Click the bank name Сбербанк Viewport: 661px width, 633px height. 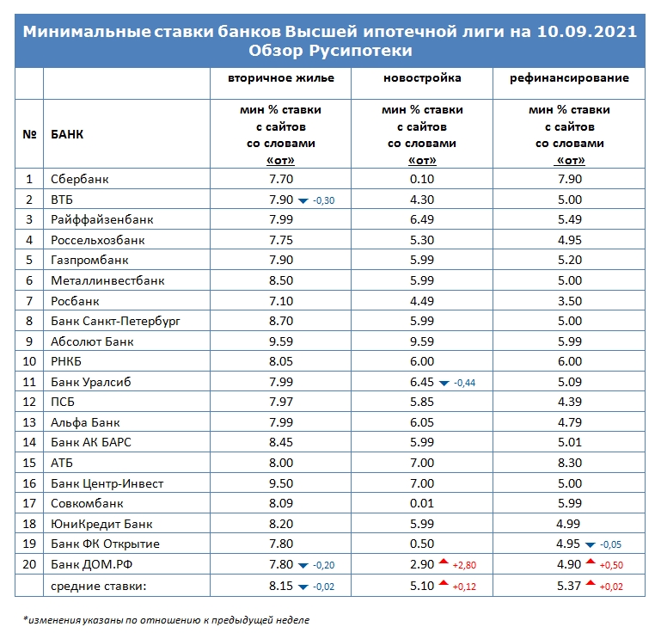point(80,179)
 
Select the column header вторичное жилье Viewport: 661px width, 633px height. point(281,78)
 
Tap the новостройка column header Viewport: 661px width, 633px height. point(422,78)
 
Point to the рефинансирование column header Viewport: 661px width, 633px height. point(569,78)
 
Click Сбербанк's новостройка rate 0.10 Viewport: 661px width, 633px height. point(422,179)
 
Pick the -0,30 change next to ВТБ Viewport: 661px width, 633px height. point(324,200)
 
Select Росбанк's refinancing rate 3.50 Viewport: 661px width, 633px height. point(570,301)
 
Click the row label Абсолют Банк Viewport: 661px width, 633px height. point(92,341)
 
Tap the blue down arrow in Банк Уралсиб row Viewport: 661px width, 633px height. point(444,384)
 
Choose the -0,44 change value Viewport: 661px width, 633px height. point(464,383)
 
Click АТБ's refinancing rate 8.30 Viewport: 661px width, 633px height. point(570,463)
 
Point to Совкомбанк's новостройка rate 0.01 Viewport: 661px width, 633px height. point(422,503)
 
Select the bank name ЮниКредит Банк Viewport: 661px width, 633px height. point(101,524)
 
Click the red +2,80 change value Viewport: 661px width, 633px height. point(464,565)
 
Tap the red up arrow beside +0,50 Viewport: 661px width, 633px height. point(591,562)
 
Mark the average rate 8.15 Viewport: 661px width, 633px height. point(281,586)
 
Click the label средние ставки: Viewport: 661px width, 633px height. point(98,587)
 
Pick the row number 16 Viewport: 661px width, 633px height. point(29,483)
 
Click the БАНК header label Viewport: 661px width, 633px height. point(67,134)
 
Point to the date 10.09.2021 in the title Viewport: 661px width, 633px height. point(587,32)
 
